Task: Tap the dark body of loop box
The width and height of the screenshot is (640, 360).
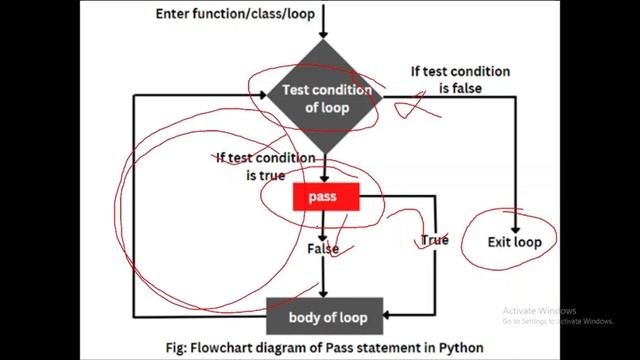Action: pyautogui.click(x=326, y=317)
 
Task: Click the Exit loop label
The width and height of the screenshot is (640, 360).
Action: pyautogui.click(x=515, y=242)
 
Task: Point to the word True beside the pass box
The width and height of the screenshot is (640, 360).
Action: pyautogui.click(x=434, y=240)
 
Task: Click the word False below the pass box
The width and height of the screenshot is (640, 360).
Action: pyautogui.click(x=323, y=248)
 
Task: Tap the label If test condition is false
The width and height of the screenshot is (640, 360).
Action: pyautogui.click(x=460, y=80)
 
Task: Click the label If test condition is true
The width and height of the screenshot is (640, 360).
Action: pyautogui.click(x=265, y=167)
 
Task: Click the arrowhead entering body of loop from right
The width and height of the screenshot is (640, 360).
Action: pyautogui.click(x=389, y=317)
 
